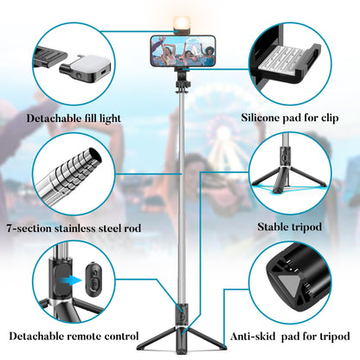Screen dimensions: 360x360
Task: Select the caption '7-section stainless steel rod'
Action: [x=75, y=228]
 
